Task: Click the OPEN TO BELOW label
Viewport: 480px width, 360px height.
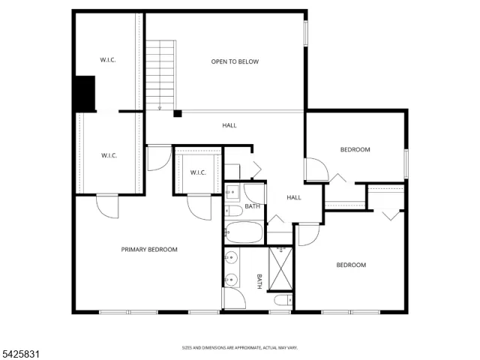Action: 235,61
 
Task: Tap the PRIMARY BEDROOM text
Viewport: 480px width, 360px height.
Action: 149,250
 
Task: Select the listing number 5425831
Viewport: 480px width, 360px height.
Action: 20,355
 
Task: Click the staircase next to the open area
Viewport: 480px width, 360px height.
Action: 160,75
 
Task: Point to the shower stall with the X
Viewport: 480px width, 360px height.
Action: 280,268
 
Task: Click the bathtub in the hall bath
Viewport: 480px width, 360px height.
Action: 244,232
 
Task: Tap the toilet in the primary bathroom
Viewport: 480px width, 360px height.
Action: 283,300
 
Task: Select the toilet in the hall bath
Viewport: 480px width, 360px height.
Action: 234,211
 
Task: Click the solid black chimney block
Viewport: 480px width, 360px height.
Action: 85,93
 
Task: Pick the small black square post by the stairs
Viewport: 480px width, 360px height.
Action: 178,113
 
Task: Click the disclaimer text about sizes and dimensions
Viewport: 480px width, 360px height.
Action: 240,348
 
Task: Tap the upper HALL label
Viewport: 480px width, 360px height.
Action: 229,125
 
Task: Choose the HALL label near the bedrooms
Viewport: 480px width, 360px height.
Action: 294,198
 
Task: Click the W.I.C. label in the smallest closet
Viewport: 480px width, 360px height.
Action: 198,172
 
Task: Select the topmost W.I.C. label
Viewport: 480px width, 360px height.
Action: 108,60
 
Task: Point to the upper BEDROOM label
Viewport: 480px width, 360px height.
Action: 355,150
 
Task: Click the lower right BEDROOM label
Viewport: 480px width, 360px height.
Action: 351,265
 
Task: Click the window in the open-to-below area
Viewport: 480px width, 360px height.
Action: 305,33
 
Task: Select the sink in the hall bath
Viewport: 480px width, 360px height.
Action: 232,192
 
